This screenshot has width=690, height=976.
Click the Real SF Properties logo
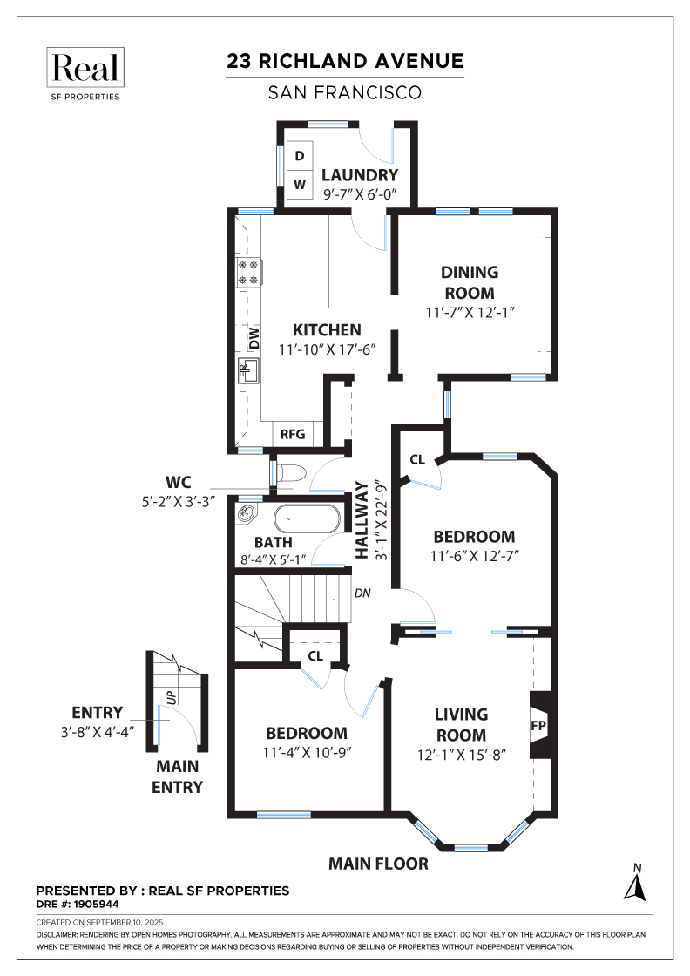[86, 74]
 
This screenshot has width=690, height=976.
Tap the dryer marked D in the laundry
[300, 156]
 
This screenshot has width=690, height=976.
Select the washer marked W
[300, 184]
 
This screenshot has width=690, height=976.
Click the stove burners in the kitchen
[247, 272]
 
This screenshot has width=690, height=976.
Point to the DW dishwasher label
[254, 338]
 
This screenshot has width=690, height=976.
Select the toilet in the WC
[294, 474]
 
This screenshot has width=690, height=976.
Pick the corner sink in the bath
[247, 514]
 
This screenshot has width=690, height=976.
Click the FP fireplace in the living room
[540, 723]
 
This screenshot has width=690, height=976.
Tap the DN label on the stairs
[362, 595]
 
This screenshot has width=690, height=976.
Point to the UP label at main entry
[172, 696]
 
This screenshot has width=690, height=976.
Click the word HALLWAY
[362, 521]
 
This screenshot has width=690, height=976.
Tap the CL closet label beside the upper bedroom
[416, 458]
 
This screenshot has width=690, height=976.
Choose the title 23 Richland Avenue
[345, 61]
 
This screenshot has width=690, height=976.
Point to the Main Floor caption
[378, 864]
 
